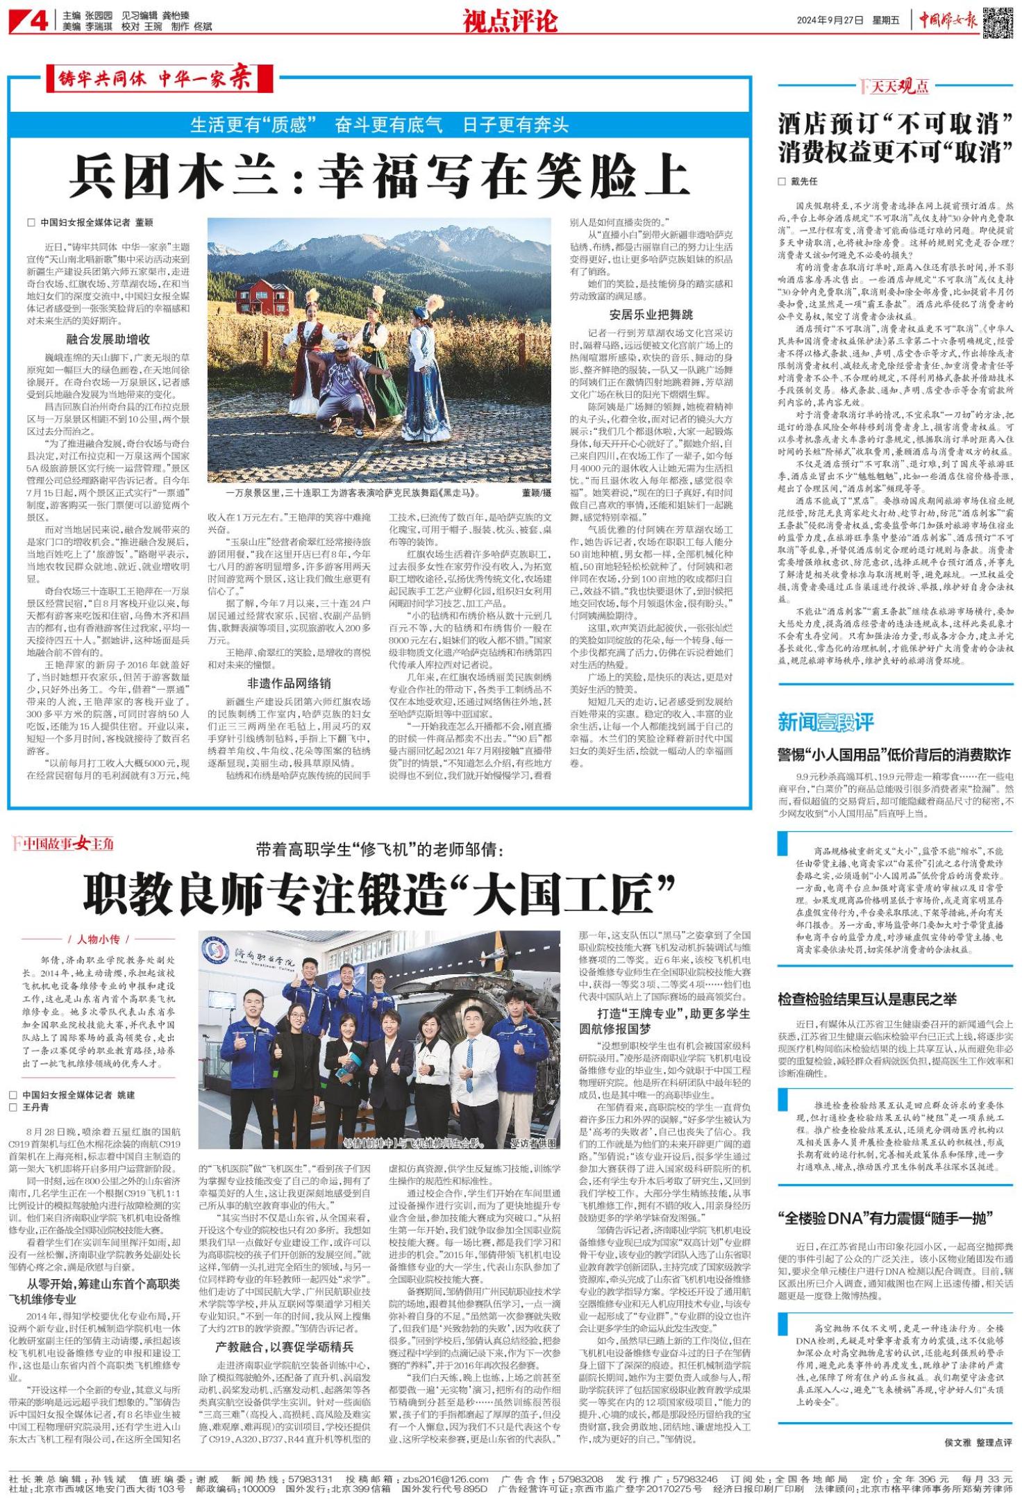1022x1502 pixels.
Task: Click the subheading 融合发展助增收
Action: coord(108,340)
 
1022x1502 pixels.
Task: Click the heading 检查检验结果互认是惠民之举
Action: coord(866,999)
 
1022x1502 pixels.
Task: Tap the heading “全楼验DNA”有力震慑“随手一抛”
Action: coord(885,1217)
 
